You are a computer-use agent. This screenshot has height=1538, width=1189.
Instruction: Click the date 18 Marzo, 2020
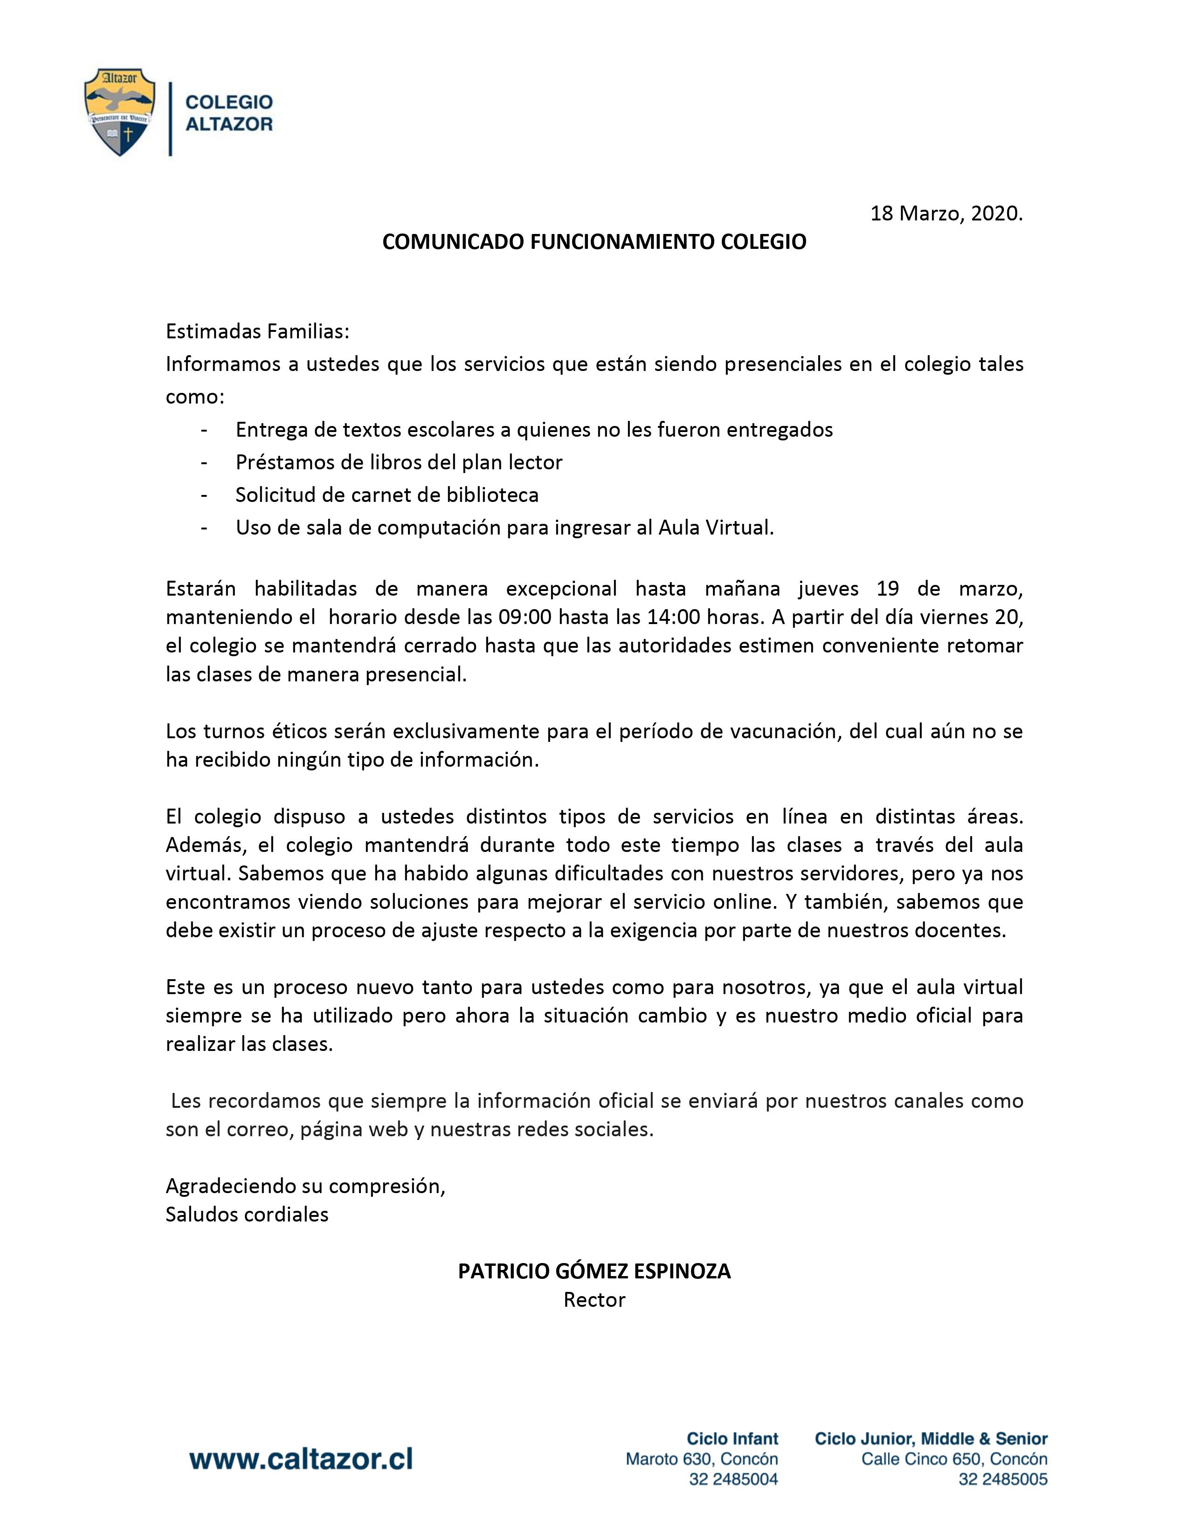tap(946, 214)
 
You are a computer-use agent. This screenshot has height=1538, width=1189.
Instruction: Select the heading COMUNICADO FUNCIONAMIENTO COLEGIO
tap(594, 242)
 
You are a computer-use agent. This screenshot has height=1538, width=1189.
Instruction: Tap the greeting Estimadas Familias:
tap(257, 330)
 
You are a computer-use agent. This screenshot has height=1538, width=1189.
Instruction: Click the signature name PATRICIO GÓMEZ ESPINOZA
tap(594, 1271)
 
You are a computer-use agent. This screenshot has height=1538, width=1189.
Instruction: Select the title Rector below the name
tap(594, 1300)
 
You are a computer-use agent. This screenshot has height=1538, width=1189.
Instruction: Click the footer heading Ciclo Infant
tap(733, 1438)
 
